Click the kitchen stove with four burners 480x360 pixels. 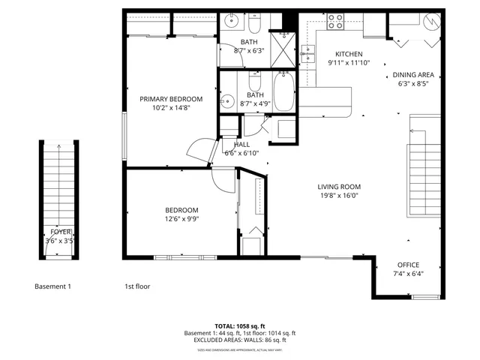(335, 22)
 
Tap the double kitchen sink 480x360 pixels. (307, 53)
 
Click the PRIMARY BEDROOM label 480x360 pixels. (171, 99)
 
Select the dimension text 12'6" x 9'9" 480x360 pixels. (181, 219)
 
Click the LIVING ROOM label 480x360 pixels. (339, 187)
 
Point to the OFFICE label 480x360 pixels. (408, 265)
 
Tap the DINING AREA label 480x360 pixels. (413, 75)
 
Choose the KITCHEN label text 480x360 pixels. (349, 54)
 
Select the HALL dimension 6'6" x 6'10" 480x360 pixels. (241, 153)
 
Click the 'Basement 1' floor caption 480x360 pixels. (53, 286)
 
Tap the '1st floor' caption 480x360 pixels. (137, 286)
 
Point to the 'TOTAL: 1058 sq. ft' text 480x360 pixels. (239, 325)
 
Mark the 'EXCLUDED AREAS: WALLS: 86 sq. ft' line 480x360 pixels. (239, 340)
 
